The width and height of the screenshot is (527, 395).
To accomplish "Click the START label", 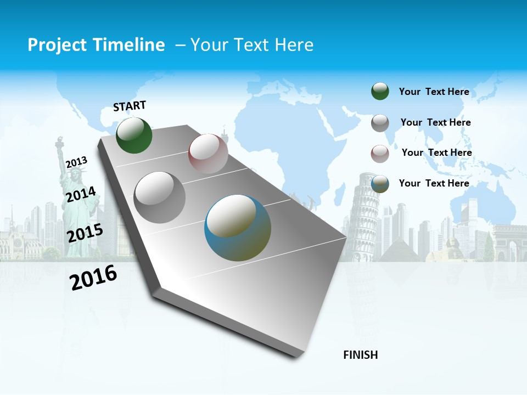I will coord(130,106).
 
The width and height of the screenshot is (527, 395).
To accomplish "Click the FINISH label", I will coord(361,355).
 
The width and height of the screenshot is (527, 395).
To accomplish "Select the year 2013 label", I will coord(77,162).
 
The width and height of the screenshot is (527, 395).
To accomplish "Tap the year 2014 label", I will coord(81,194).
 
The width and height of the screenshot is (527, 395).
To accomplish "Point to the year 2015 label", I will coord(85,233).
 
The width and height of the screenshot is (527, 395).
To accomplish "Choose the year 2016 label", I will coord(93,277).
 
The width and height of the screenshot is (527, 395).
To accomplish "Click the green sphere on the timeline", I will coord(134,135).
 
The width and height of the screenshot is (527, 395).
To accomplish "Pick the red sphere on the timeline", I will coord(208,153).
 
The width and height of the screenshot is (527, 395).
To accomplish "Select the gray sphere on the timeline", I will coord(160,197).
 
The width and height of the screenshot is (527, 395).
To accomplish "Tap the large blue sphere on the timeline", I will coord(238,228).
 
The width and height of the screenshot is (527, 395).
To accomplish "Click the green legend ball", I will coord(380,91).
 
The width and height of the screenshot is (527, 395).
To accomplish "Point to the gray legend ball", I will coord(380,123).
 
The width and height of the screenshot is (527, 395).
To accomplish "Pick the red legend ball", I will coord(380,153).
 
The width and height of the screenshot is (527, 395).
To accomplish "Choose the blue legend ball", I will coord(380,184).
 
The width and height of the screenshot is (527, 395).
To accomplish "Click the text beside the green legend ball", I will coord(434,92).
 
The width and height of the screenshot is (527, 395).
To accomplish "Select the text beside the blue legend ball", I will coord(434,183).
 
